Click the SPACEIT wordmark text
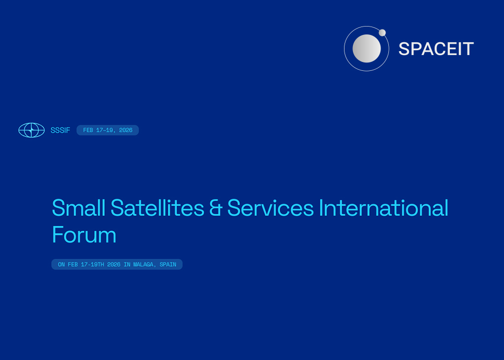(436, 49)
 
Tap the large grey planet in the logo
(367, 49)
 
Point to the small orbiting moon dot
(382, 32)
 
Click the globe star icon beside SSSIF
(31, 130)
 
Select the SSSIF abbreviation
(60, 130)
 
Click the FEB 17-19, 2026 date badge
(107, 130)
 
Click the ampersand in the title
(216, 208)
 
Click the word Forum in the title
(84, 235)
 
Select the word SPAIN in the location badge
(168, 265)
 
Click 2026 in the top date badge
(126, 130)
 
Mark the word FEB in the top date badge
(88, 130)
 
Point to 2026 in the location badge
(114, 265)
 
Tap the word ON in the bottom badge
(61, 265)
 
